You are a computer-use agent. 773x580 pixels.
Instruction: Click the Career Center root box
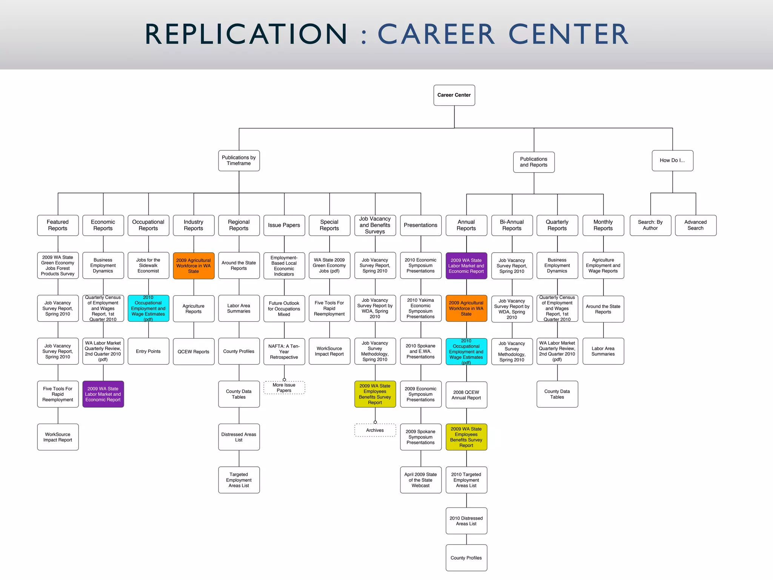454,95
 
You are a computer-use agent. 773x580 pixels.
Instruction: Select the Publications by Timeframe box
239,160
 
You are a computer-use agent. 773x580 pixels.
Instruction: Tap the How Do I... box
672,160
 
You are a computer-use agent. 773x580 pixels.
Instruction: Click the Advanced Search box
695,225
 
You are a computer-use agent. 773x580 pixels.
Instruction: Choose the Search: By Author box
650,225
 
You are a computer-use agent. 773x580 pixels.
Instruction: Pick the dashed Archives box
375,430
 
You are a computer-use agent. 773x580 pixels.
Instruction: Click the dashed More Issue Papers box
284,388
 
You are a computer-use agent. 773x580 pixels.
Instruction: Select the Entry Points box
148,351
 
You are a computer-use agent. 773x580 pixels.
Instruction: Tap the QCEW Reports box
194,352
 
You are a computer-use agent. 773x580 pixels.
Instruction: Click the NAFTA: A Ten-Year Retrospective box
284,352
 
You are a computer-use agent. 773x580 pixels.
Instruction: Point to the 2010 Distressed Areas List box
466,521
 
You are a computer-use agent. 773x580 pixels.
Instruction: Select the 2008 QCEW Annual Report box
466,395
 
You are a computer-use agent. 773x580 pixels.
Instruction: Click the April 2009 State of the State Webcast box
420,480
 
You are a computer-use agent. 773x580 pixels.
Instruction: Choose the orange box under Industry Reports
194,266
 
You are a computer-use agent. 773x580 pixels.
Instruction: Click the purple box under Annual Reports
466,266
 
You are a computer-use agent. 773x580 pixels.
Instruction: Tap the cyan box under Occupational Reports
148,309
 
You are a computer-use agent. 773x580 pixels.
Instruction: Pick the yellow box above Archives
375,394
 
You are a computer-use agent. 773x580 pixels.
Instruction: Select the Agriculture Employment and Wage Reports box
603,265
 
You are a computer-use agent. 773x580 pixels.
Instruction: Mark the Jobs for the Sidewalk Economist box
148,265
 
